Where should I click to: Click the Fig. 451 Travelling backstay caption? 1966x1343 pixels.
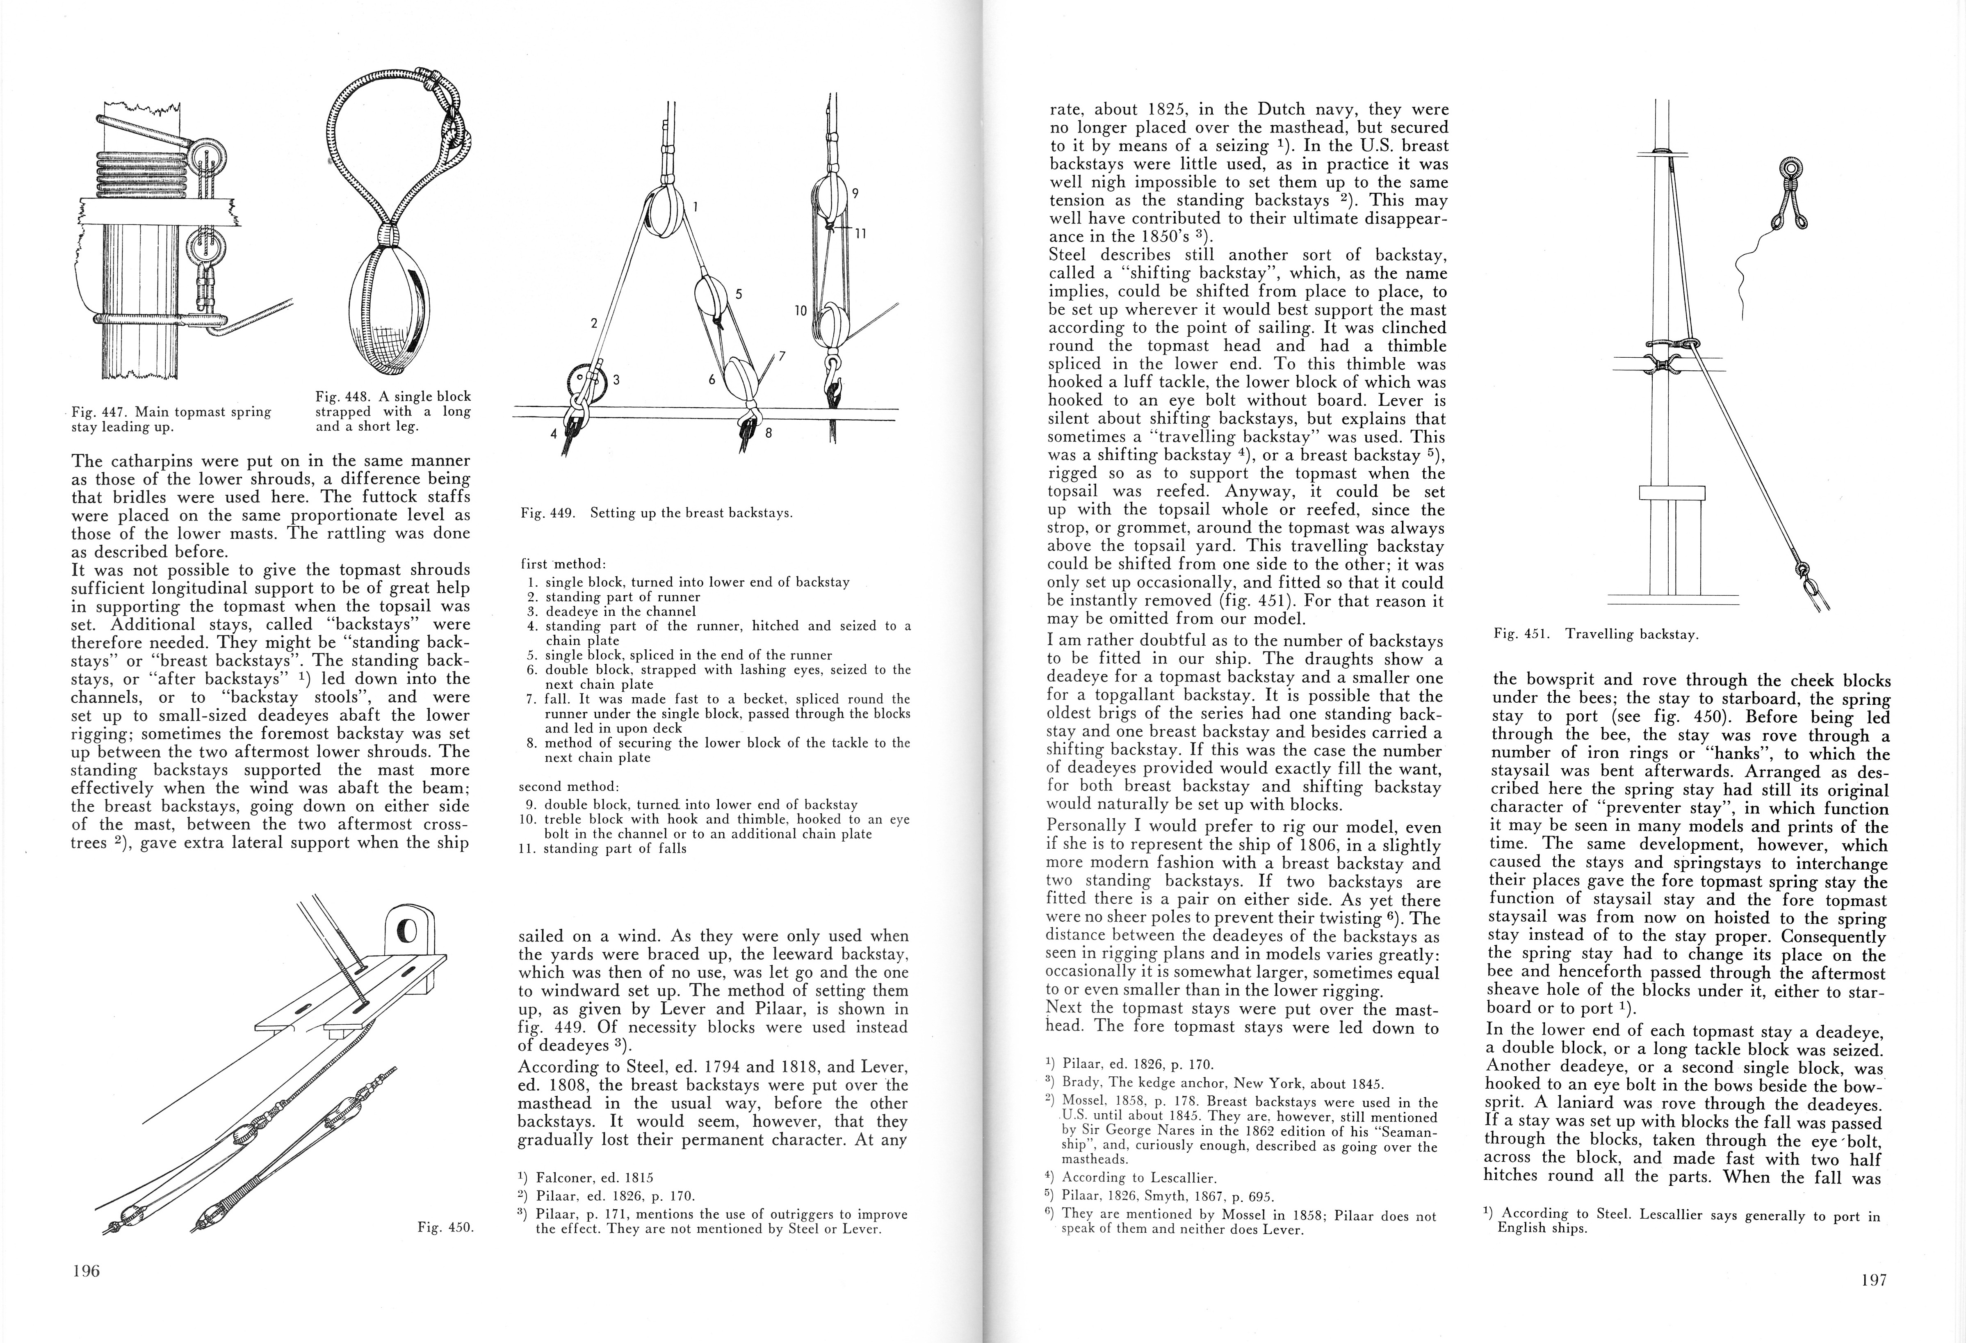1597,634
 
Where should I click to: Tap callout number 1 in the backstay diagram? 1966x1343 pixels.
695,206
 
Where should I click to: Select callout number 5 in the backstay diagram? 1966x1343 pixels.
739,294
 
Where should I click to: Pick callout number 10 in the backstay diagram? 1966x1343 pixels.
800,311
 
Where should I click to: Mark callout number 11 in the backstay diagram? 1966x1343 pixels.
860,234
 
